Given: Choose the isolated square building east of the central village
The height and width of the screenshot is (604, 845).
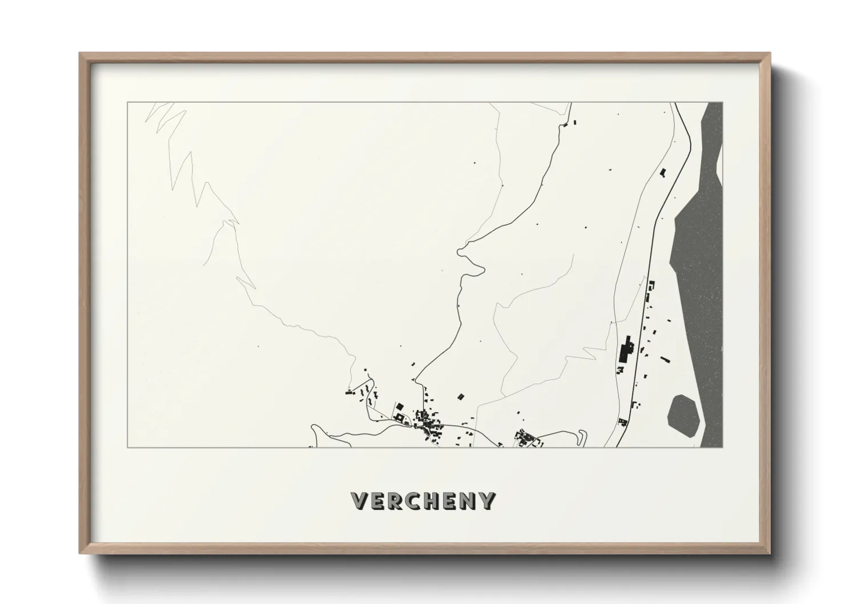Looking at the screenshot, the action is [x=461, y=396].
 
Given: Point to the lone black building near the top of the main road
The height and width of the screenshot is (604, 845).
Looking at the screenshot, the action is [x=663, y=172].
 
